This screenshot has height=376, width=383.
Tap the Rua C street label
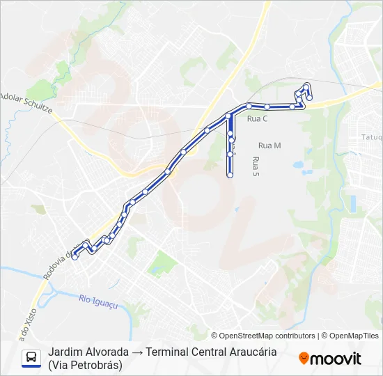click(257, 119)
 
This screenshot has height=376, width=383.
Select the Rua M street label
click(269, 146)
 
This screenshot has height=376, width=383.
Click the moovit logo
click(330, 359)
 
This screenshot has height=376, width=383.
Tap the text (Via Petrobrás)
click(85, 365)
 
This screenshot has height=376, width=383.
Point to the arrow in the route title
click(138, 352)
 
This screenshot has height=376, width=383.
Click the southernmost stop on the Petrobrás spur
click(230, 176)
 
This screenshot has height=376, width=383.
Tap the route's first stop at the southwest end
click(75, 257)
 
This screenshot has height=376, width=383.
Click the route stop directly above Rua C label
click(249, 106)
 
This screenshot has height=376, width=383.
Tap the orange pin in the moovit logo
click(304, 358)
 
